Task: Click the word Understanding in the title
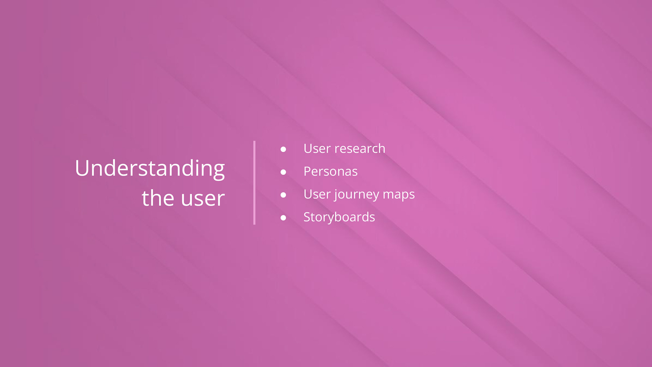[150, 169]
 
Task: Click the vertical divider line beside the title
[254, 182]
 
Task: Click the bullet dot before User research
[283, 149]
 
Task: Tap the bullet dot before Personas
[283, 172]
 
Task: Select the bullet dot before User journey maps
[283, 195]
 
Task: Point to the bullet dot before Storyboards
[283, 217]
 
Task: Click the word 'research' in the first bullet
[360, 148]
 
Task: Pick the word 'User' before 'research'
[317, 148]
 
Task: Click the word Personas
[331, 171]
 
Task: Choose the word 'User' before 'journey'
[317, 194]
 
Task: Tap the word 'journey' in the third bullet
[357, 195]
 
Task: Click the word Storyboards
[339, 217]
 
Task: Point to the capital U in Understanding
[83, 168]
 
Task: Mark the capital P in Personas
[308, 171]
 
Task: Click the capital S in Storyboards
[308, 217]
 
